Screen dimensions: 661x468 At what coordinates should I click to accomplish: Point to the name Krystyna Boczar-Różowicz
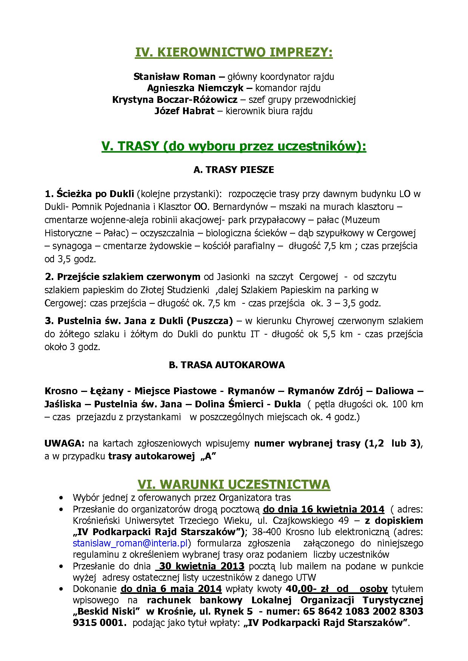coord(175,100)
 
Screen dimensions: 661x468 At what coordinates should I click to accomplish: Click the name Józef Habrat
coord(185,111)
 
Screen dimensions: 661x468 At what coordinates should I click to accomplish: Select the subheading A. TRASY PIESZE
coord(234,170)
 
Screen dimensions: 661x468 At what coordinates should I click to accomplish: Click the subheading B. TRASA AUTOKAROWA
coord(227,365)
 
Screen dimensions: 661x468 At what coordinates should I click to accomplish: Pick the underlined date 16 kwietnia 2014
coord(323,510)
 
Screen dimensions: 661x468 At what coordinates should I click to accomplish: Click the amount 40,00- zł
coord(308,589)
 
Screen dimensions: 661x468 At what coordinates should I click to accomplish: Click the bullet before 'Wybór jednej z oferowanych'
coord(62,498)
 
